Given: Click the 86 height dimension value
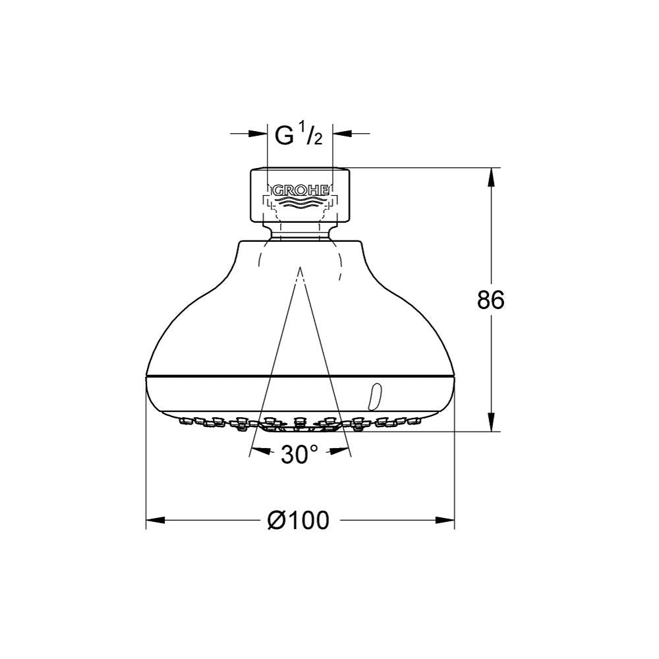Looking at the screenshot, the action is click(490, 300).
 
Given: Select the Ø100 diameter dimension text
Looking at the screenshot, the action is click(299, 521).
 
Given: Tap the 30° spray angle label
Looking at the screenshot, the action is click(299, 454).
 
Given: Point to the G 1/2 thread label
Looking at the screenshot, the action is click(299, 134).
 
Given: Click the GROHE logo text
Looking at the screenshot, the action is click(301, 190).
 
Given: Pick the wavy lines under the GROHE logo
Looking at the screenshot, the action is click(300, 203).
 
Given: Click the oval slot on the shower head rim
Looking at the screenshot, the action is click(374, 396).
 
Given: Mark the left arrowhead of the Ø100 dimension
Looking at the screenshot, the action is click(155, 521).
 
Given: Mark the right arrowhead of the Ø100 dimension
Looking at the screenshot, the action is click(445, 521).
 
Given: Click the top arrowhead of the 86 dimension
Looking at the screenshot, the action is click(492, 177).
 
